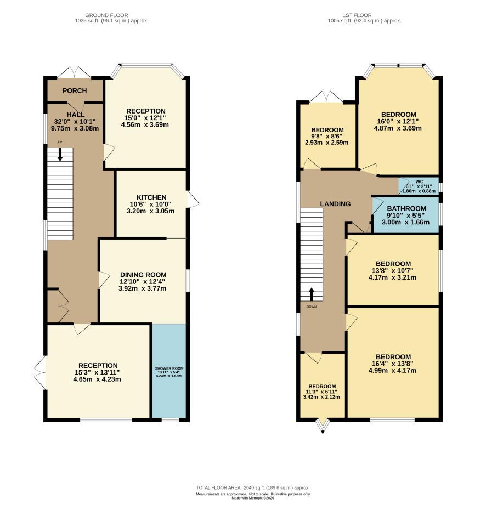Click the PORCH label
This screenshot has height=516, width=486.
coord(75,91)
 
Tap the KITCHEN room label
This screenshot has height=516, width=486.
coord(151,197)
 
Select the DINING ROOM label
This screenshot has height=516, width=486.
coord(143,275)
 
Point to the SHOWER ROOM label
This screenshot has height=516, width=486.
coord(169,368)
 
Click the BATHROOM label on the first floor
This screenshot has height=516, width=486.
coord(406,208)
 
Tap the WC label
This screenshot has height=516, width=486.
coord(420,182)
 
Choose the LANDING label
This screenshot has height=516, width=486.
coord(335,204)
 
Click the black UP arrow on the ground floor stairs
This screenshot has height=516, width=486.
coord(60,154)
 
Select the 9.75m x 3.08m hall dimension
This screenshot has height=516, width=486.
coord(75,128)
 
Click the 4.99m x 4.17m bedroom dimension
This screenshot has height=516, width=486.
coord(393,371)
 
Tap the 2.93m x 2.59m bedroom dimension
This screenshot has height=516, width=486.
coord(326,143)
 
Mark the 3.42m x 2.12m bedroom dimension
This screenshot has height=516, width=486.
coord(321,397)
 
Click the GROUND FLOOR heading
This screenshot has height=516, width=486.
coord(106,15)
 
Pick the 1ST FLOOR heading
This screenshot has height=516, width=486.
coord(357,15)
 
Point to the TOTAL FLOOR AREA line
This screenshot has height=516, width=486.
coord(253,487)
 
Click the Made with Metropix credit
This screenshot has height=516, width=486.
coord(253,498)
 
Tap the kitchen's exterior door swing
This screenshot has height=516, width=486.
coord(193,200)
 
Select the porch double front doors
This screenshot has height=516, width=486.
coord(75,72)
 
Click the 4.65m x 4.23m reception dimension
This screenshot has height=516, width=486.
coord(97,379)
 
